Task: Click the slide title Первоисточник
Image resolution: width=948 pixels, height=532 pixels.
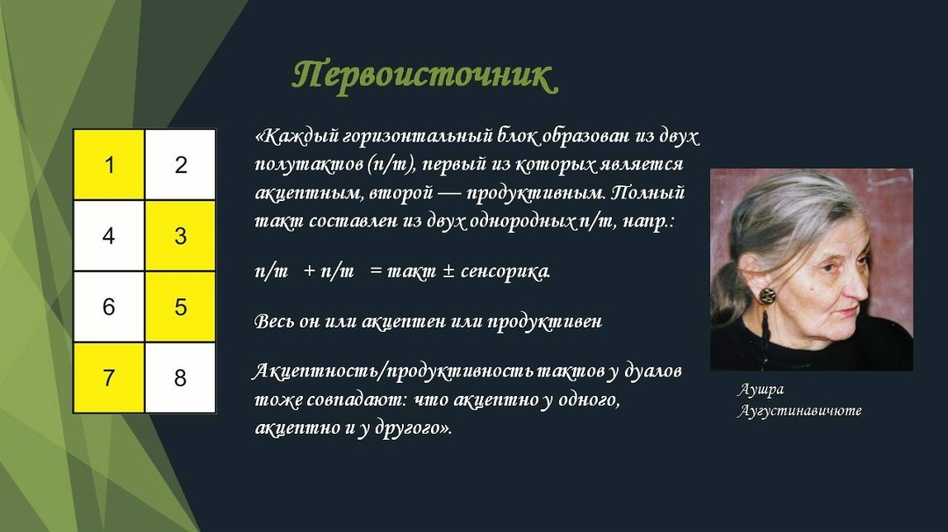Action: pos(424,76)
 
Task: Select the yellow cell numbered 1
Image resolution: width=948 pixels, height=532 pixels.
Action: pos(109,165)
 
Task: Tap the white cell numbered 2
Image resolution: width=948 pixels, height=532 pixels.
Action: pos(181,165)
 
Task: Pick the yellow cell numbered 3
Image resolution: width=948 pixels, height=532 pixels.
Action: pos(181,236)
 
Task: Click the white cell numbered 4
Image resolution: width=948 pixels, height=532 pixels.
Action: pos(109,236)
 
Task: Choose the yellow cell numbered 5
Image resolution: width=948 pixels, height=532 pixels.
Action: pos(181,307)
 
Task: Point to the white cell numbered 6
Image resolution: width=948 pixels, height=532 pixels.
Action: pos(109,307)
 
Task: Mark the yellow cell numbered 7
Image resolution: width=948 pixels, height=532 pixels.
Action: pos(109,378)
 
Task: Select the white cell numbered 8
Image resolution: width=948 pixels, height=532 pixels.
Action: pos(181,378)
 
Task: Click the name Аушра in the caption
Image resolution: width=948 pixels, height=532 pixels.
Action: pos(760,390)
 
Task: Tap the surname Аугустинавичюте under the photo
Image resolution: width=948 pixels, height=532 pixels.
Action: pos(800,411)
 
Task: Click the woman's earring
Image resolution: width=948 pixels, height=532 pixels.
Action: pos(767,296)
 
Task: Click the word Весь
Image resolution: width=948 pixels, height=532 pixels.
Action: pos(274,321)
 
